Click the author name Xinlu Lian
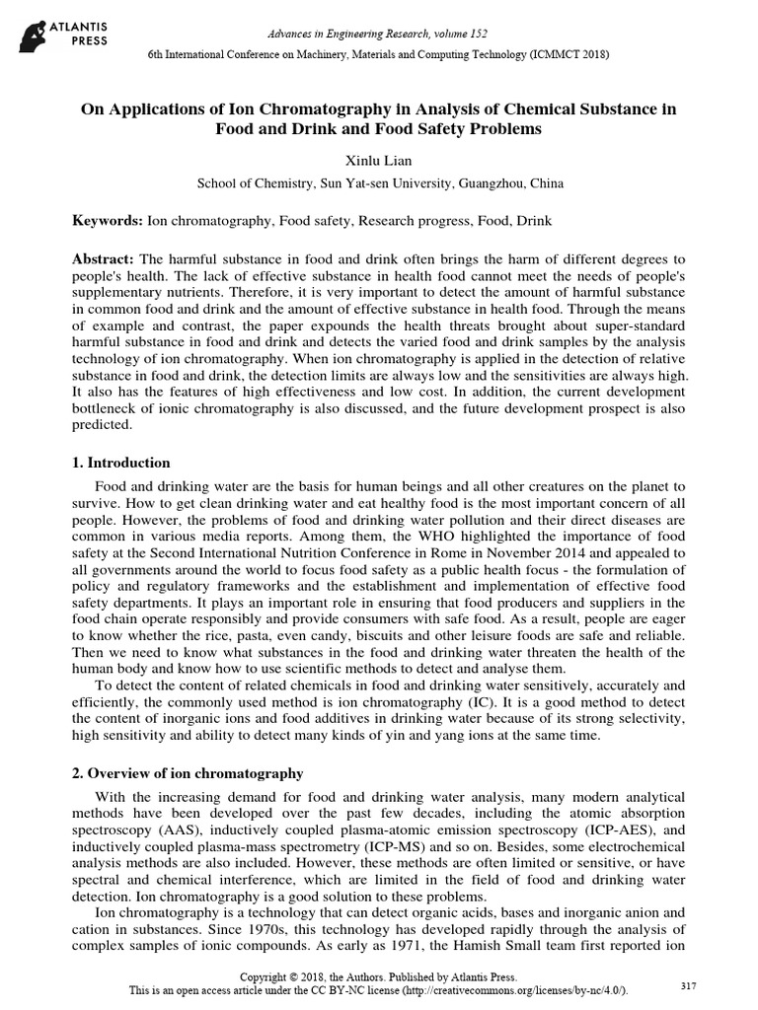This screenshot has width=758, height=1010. pyautogui.click(x=378, y=160)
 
